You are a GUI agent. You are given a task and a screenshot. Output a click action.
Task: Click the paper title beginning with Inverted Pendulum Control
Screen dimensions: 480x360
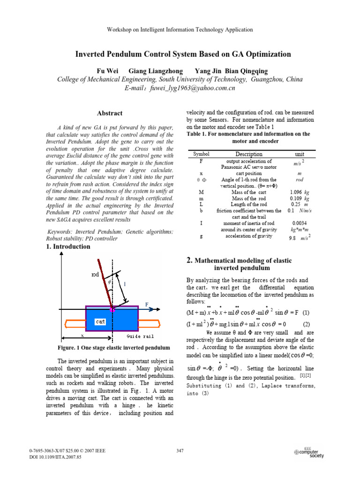183,54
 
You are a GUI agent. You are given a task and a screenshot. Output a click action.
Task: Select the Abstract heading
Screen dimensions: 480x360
110,113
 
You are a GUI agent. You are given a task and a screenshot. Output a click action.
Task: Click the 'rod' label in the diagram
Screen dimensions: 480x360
95,275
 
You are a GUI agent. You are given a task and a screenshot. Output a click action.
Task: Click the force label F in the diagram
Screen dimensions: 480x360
147,304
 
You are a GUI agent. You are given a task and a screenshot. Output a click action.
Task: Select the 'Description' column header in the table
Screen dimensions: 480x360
249,154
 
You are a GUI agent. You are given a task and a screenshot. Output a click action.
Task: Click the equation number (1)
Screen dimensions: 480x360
306,313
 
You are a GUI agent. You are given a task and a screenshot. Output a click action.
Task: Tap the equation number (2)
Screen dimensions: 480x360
306,324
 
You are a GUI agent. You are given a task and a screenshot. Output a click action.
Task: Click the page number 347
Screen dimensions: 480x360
180,451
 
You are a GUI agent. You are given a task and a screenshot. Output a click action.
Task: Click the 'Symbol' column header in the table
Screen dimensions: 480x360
201,154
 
